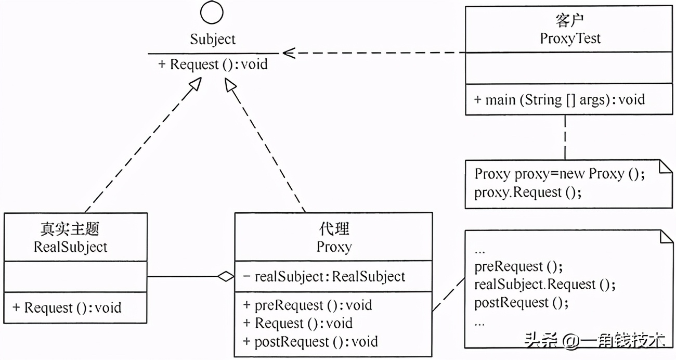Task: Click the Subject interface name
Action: (x=212, y=39)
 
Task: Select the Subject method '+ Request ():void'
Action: (x=213, y=65)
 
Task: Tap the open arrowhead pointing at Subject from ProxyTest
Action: (x=288, y=53)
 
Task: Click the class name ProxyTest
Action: (x=570, y=38)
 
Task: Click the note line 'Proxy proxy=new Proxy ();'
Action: (x=560, y=174)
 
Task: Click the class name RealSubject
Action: (x=71, y=247)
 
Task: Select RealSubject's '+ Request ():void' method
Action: (x=67, y=307)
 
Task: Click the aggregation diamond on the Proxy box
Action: (x=226, y=277)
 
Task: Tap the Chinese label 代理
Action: (x=334, y=229)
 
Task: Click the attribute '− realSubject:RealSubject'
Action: (x=324, y=277)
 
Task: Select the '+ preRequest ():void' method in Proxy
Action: (x=307, y=305)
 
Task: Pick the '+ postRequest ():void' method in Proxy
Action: (x=310, y=342)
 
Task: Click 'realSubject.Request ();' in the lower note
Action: (x=544, y=285)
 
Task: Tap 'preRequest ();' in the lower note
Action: (x=518, y=266)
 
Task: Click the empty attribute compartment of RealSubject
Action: (x=75, y=277)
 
